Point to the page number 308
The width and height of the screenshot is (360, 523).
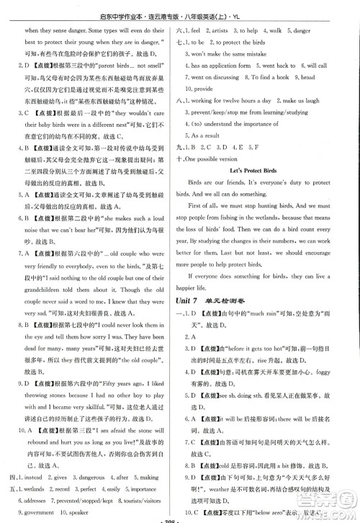(x=180, y=517)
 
